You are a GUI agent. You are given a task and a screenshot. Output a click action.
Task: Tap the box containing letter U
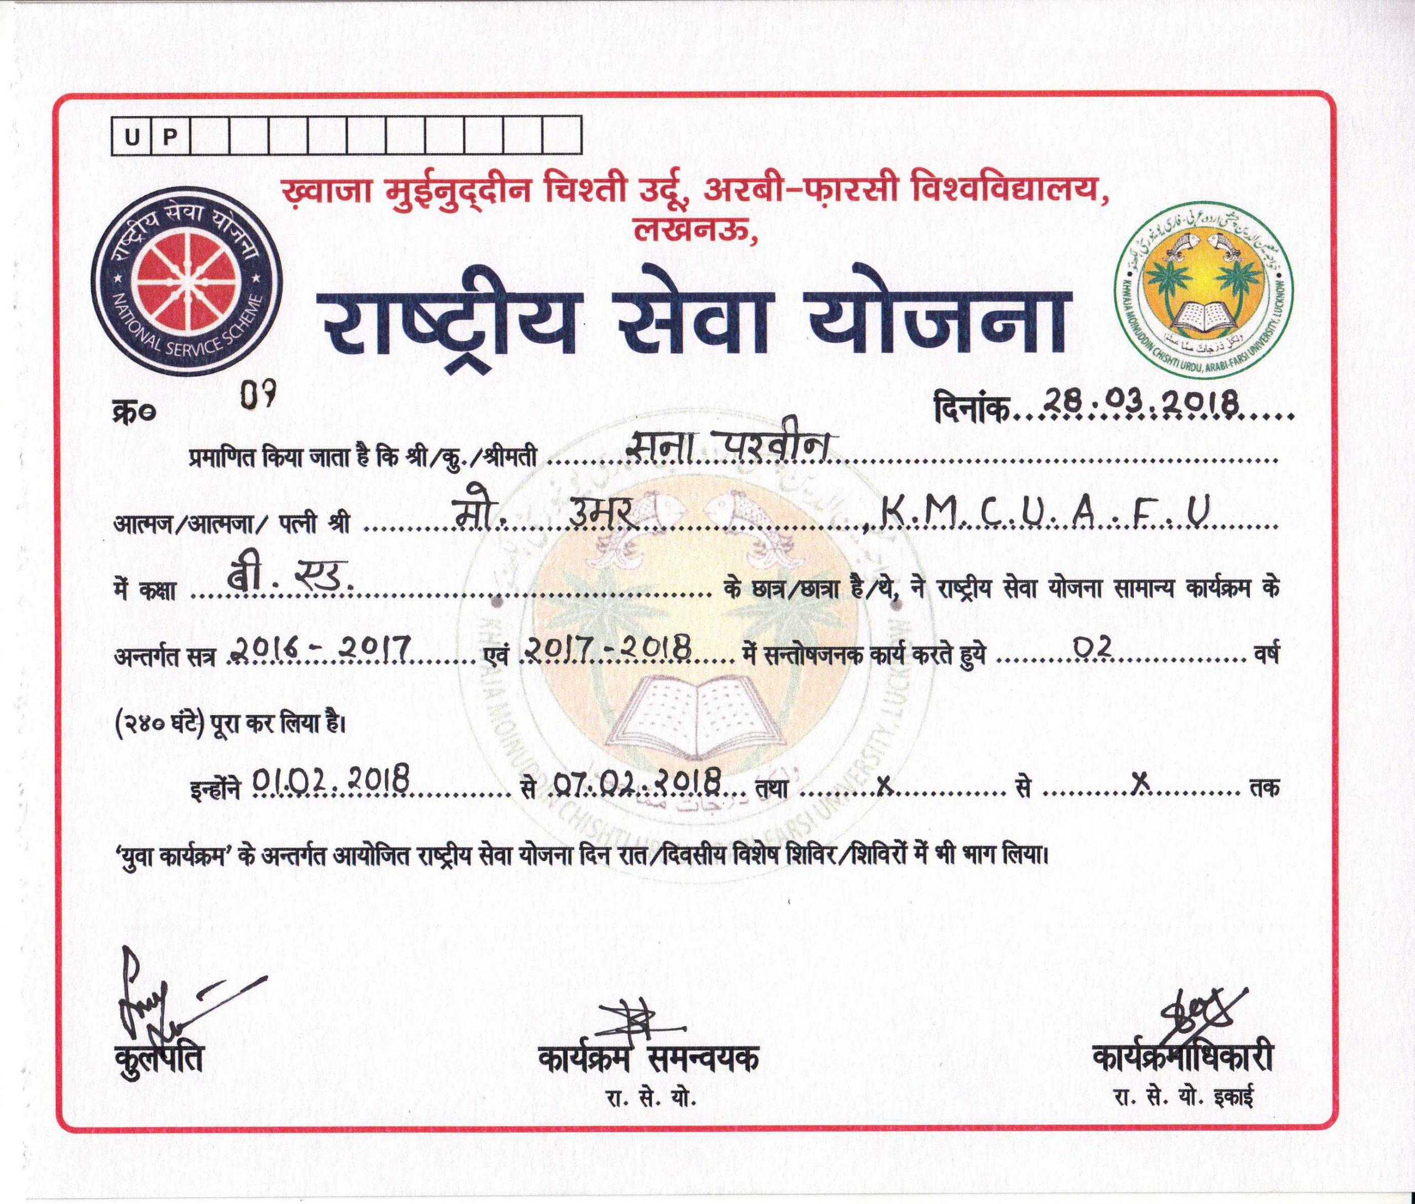[131, 137]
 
